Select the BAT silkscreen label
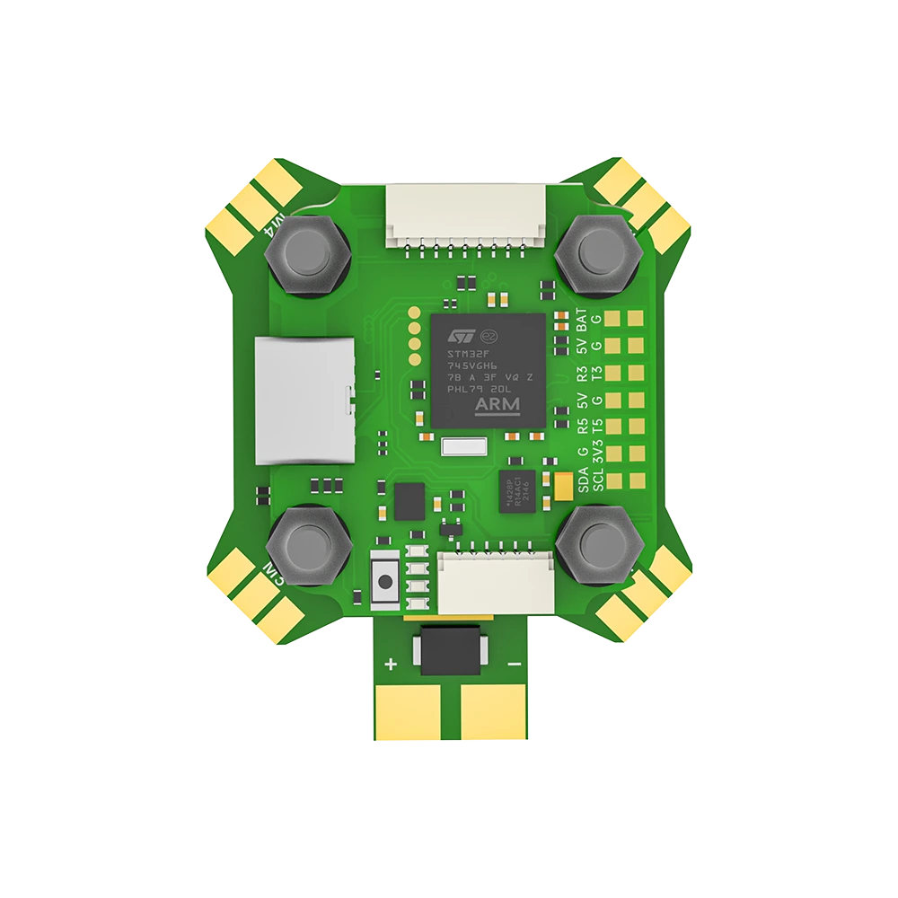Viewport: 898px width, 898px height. point(581,320)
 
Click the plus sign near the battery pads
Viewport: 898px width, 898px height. point(391,665)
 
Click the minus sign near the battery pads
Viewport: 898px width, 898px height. point(514,665)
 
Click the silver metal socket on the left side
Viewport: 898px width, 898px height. point(299,401)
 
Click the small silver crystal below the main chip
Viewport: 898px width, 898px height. point(463,447)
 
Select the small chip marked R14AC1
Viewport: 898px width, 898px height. point(518,490)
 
